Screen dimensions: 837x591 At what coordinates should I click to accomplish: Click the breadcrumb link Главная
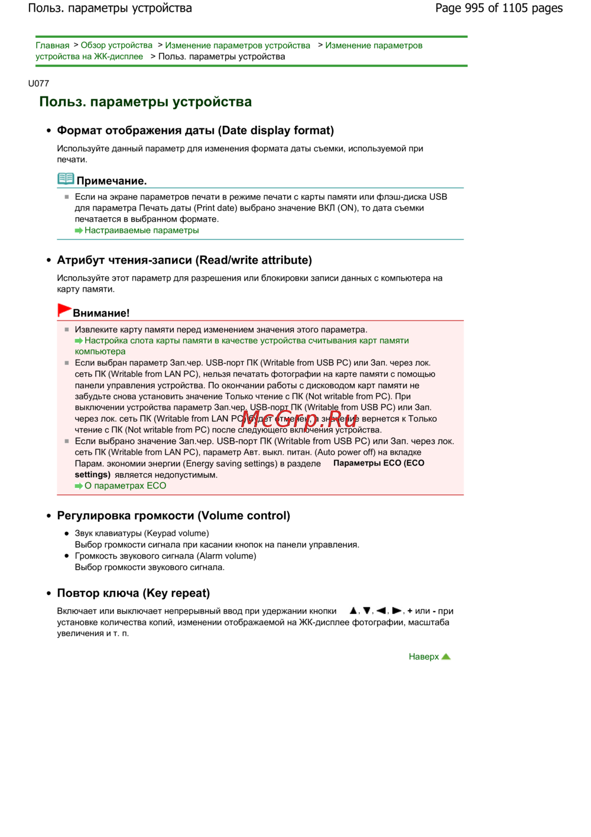pyautogui.click(x=52, y=46)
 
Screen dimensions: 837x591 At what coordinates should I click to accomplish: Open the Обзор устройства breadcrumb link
pyautogui.click(x=116, y=46)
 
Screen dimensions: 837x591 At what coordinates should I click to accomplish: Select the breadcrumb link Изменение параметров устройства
pyautogui.click(x=238, y=46)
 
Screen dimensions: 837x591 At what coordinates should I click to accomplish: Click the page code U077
pyautogui.click(x=38, y=83)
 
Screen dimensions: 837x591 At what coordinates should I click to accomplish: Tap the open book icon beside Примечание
pyautogui.click(x=66, y=179)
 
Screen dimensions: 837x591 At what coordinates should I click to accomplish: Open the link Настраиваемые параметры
pyautogui.click(x=141, y=231)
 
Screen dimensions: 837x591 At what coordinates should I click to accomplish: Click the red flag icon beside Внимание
pyautogui.click(x=64, y=310)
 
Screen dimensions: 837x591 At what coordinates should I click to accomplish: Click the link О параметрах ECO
pyautogui.click(x=125, y=486)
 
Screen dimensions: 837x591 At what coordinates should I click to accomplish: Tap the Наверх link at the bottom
pyautogui.click(x=424, y=657)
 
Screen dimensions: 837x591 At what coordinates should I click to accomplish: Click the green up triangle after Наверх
pyautogui.click(x=446, y=657)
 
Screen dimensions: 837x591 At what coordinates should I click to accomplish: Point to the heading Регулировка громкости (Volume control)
pyautogui.click(x=173, y=516)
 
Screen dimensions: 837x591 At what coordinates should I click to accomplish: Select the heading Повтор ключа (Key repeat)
pyautogui.click(x=133, y=593)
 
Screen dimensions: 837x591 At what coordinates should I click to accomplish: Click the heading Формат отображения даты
pyautogui.click(x=195, y=131)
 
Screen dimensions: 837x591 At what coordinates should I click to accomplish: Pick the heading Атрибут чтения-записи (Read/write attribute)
pyautogui.click(x=184, y=260)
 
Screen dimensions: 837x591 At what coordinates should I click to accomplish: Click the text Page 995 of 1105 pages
pyautogui.click(x=499, y=8)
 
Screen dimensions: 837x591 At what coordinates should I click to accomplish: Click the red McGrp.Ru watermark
pyautogui.click(x=299, y=419)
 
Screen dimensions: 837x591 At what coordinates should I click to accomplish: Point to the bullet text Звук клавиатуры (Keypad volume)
pyautogui.click(x=142, y=534)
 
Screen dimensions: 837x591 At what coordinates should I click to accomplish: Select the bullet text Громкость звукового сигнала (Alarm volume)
pyautogui.click(x=165, y=556)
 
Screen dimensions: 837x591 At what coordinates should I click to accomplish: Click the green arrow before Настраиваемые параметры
pyautogui.click(x=79, y=231)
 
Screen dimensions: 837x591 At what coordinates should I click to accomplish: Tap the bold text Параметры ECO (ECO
pyautogui.click(x=379, y=463)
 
